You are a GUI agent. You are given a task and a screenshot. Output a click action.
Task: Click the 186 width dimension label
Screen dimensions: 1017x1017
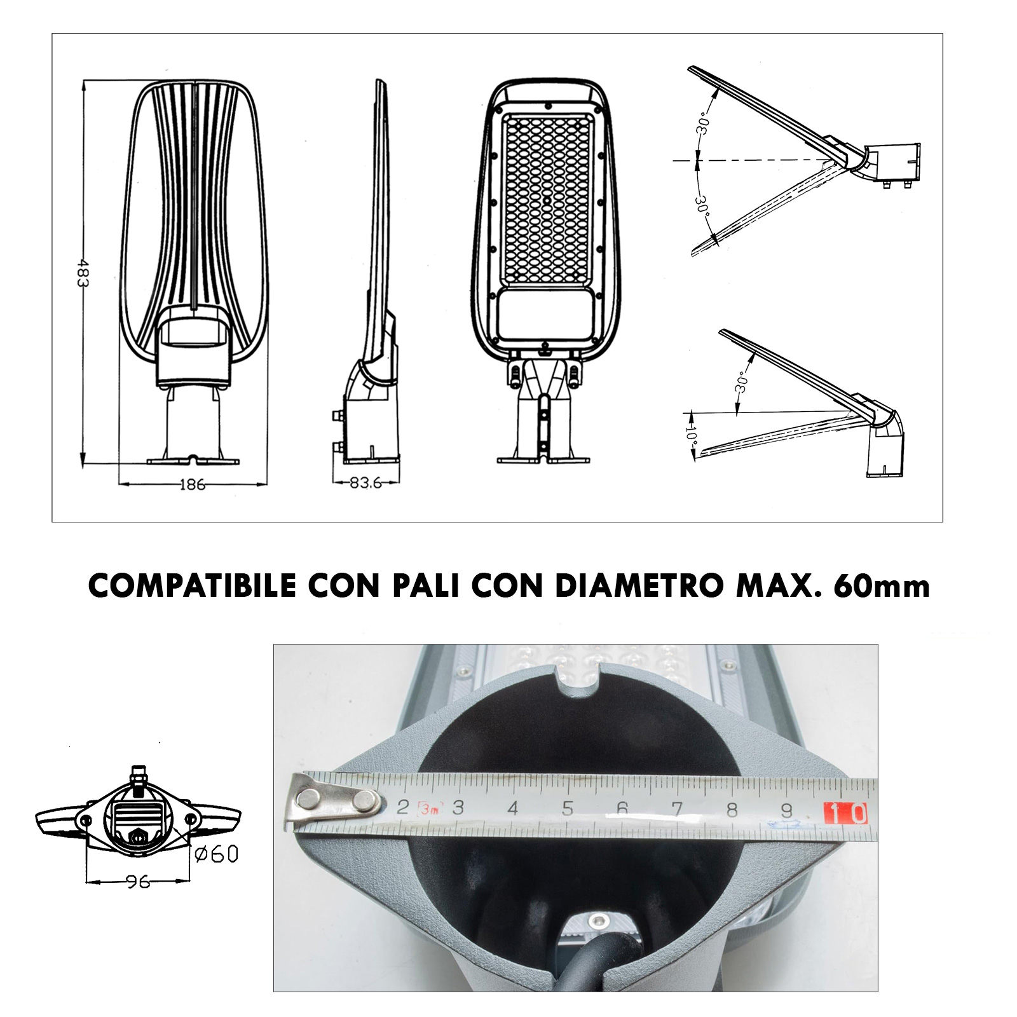click(x=192, y=485)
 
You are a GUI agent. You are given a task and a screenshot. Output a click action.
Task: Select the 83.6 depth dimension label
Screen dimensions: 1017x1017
click(x=365, y=483)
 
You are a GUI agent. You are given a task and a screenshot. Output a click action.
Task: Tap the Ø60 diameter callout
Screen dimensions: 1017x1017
click(x=217, y=854)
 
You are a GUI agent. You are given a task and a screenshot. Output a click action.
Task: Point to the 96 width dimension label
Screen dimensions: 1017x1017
click(x=138, y=882)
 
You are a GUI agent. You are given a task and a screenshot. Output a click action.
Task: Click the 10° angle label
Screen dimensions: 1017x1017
click(x=692, y=435)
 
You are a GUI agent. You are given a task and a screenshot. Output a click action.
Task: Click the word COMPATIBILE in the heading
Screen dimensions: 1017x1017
click(x=193, y=586)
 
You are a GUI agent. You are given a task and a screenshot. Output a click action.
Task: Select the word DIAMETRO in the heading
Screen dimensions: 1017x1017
click(x=639, y=586)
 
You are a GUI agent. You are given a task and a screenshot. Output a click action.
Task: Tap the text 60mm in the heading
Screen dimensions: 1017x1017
click(x=881, y=586)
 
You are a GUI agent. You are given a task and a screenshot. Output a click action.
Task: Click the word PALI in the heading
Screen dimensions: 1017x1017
click(x=425, y=586)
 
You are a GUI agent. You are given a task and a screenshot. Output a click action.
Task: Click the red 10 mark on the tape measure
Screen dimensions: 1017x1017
click(x=845, y=813)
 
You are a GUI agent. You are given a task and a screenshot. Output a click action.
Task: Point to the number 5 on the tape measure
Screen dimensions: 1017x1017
click(x=568, y=808)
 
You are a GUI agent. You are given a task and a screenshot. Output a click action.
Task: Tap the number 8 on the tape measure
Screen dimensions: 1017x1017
click(x=732, y=809)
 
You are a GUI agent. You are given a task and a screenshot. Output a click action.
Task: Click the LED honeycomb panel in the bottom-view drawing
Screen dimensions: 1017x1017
click(x=547, y=198)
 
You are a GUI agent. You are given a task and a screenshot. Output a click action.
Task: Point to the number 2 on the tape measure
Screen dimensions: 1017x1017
click(x=402, y=807)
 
